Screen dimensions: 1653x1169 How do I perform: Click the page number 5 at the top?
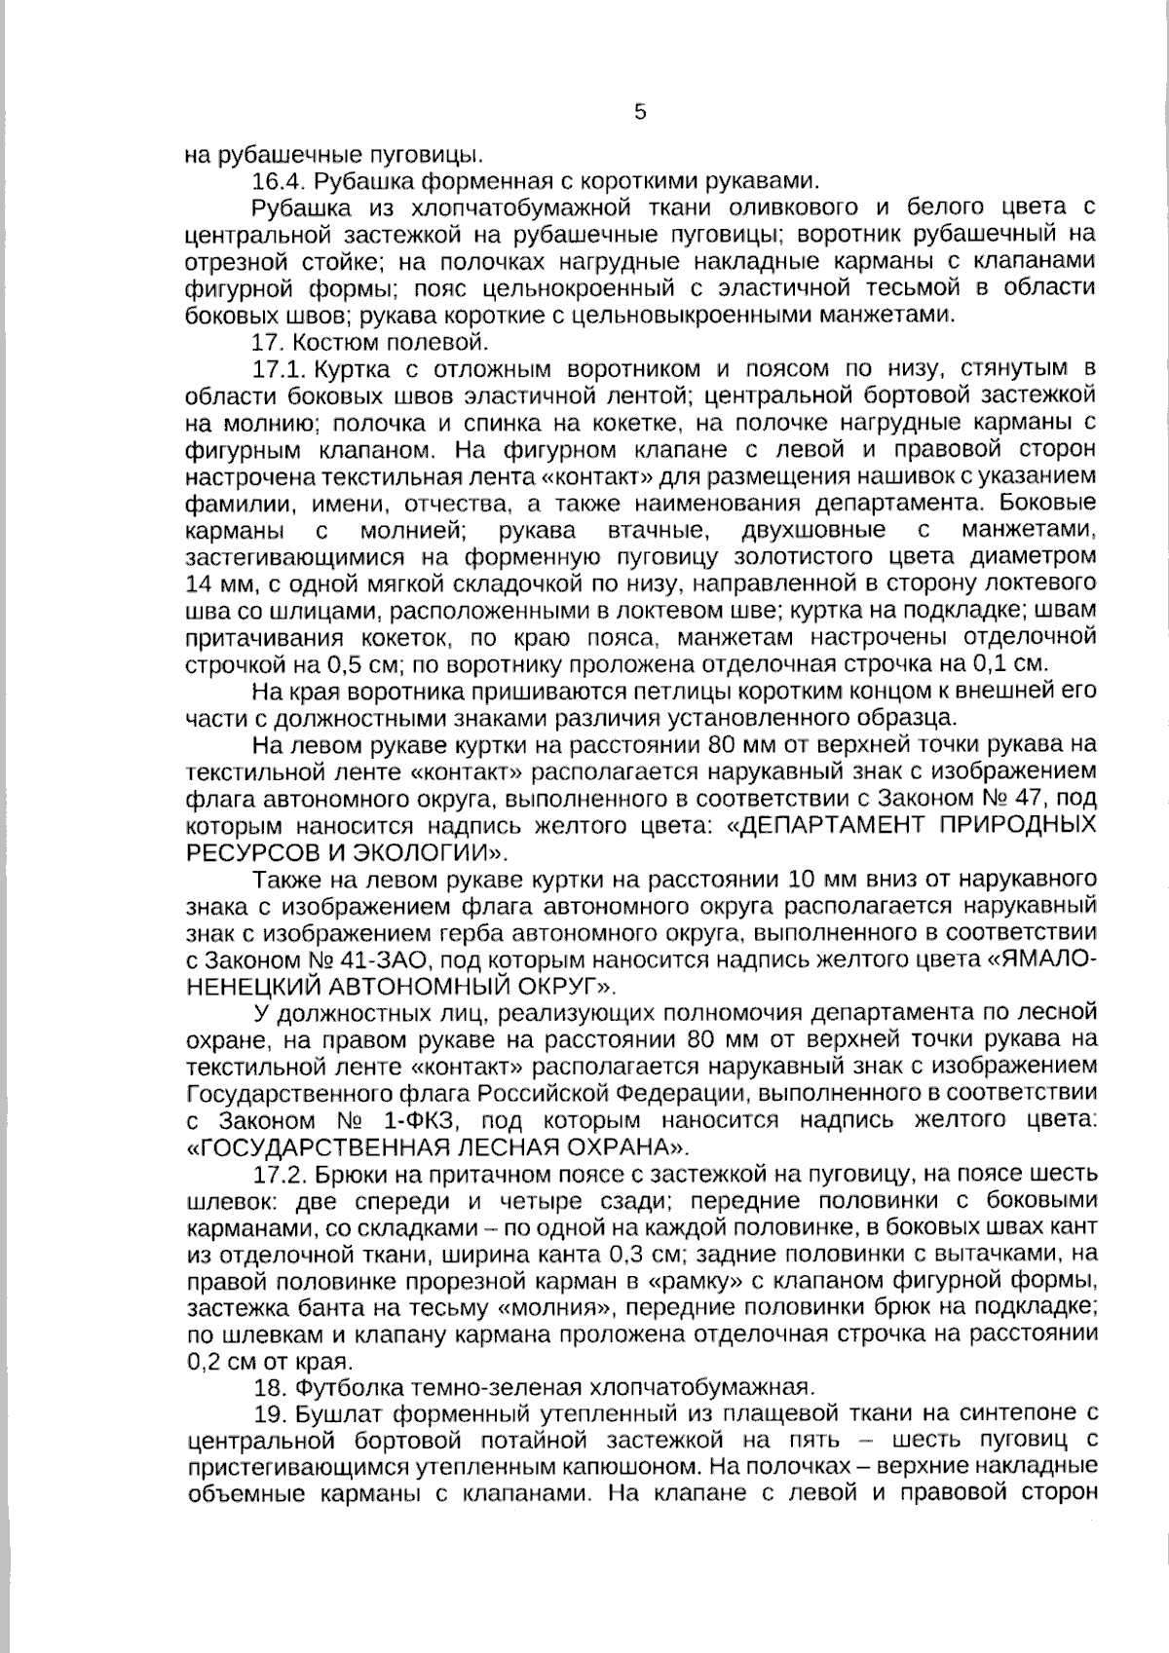click(640, 112)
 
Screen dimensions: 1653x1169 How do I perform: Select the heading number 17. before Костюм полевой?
click(266, 342)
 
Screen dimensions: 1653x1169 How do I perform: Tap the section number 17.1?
click(280, 369)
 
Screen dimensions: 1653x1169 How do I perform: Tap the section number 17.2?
click(280, 1173)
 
